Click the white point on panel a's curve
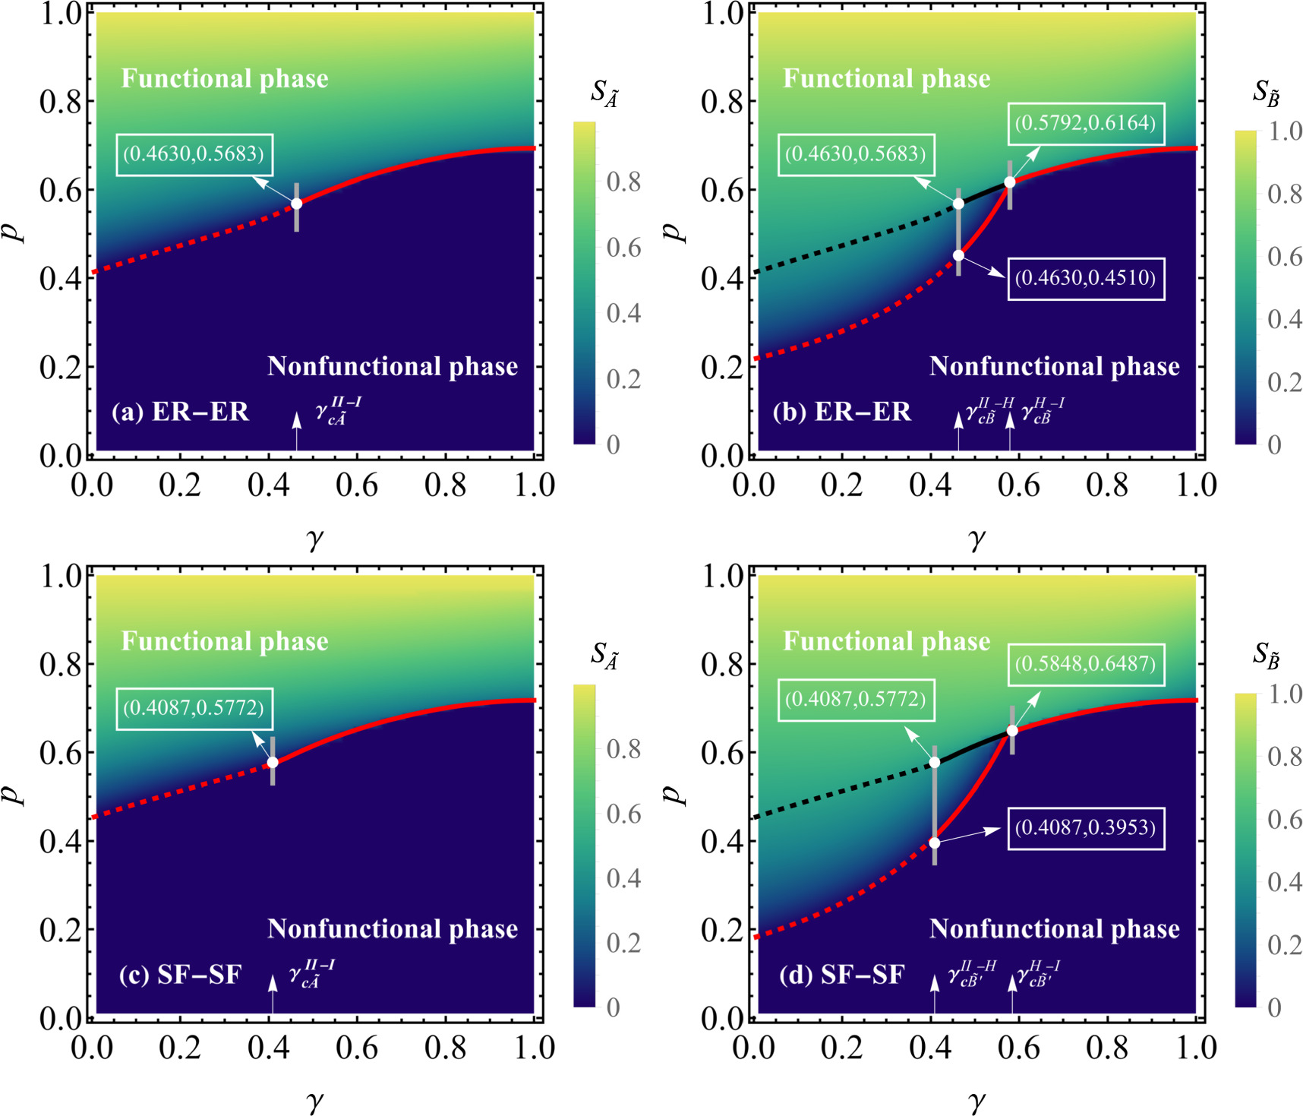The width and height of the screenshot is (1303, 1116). (297, 204)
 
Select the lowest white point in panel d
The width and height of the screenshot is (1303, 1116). (935, 843)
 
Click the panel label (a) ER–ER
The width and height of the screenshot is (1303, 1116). (180, 412)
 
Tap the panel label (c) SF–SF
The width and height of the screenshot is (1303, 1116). (180, 975)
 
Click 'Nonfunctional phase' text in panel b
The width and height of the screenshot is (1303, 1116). (1054, 366)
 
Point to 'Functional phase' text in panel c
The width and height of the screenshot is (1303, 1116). (225, 641)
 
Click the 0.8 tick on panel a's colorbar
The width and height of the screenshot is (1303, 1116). (623, 182)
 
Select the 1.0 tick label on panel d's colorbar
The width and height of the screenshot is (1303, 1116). (1285, 694)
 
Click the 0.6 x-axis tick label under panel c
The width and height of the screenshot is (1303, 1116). (357, 1048)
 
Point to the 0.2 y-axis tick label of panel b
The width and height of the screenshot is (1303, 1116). (721, 367)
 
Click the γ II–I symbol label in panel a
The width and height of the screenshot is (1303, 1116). (337, 411)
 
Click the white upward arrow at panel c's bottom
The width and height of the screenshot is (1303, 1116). (273, 992)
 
